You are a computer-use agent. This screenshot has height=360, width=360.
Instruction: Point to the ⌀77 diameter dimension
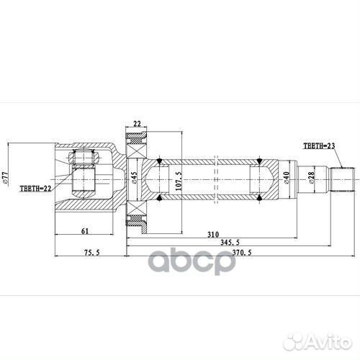coord(5,176)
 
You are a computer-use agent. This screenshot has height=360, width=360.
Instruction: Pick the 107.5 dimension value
coord(177,177)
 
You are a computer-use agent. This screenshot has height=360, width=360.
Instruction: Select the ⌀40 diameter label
coord(286,177)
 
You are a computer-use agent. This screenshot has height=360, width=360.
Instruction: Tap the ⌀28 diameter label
coord(309,177)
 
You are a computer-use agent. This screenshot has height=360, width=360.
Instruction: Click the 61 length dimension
coord(84,230)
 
